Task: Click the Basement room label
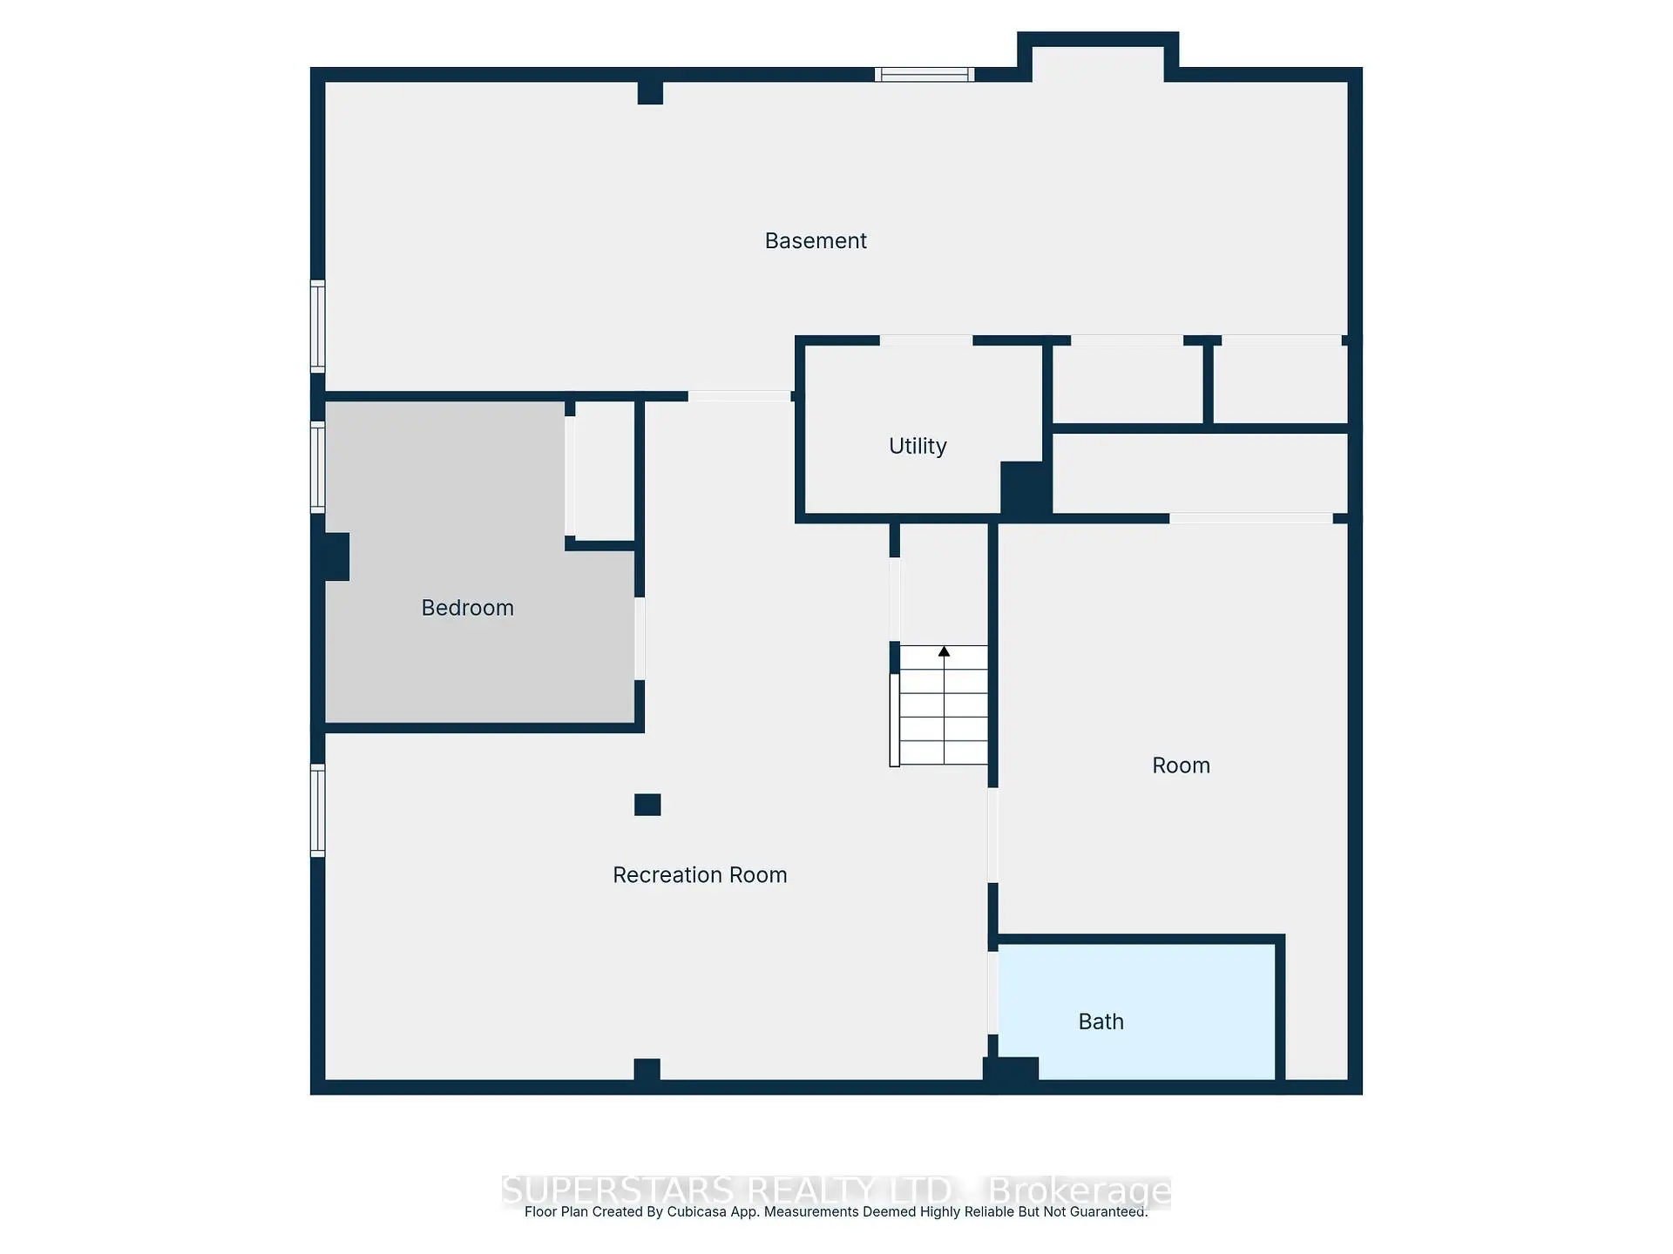point(816,241)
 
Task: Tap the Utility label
point(918,446)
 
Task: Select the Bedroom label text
point(467,608)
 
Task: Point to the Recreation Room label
point(700,875)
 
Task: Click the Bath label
point(1101,1021)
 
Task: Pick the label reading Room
point(1181,765)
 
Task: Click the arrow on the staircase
point(944,651)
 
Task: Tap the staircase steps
point(944,710)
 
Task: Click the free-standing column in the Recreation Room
point(647,805)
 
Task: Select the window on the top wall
point(925,75)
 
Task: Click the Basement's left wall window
point(318,327)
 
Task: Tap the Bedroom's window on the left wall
point(318,467)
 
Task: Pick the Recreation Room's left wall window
point(318,810)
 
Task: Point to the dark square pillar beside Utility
point(1025,489)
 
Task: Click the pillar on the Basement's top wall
point(650,91)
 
